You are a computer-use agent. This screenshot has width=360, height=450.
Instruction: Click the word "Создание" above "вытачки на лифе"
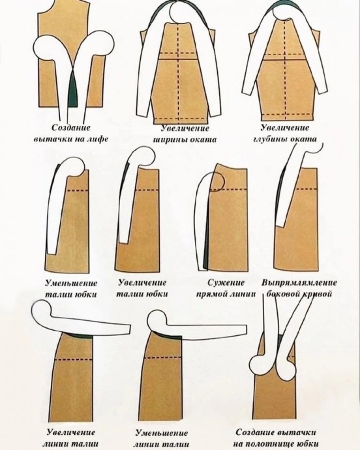click(71, 127)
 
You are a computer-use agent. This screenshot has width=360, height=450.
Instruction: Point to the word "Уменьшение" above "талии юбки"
click(71, 283)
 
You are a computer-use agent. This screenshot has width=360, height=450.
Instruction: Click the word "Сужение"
click(226, 282)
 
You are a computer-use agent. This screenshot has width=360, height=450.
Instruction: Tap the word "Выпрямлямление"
click(299, 282)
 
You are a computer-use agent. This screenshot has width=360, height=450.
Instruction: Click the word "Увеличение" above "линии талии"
click(71, 432)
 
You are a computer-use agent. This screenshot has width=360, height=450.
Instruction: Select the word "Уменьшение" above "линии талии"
click(161, 432)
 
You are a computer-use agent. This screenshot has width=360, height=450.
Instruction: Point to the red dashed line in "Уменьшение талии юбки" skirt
click(78, 190)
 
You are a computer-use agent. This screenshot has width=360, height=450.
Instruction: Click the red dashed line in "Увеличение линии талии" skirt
click(74, 359)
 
